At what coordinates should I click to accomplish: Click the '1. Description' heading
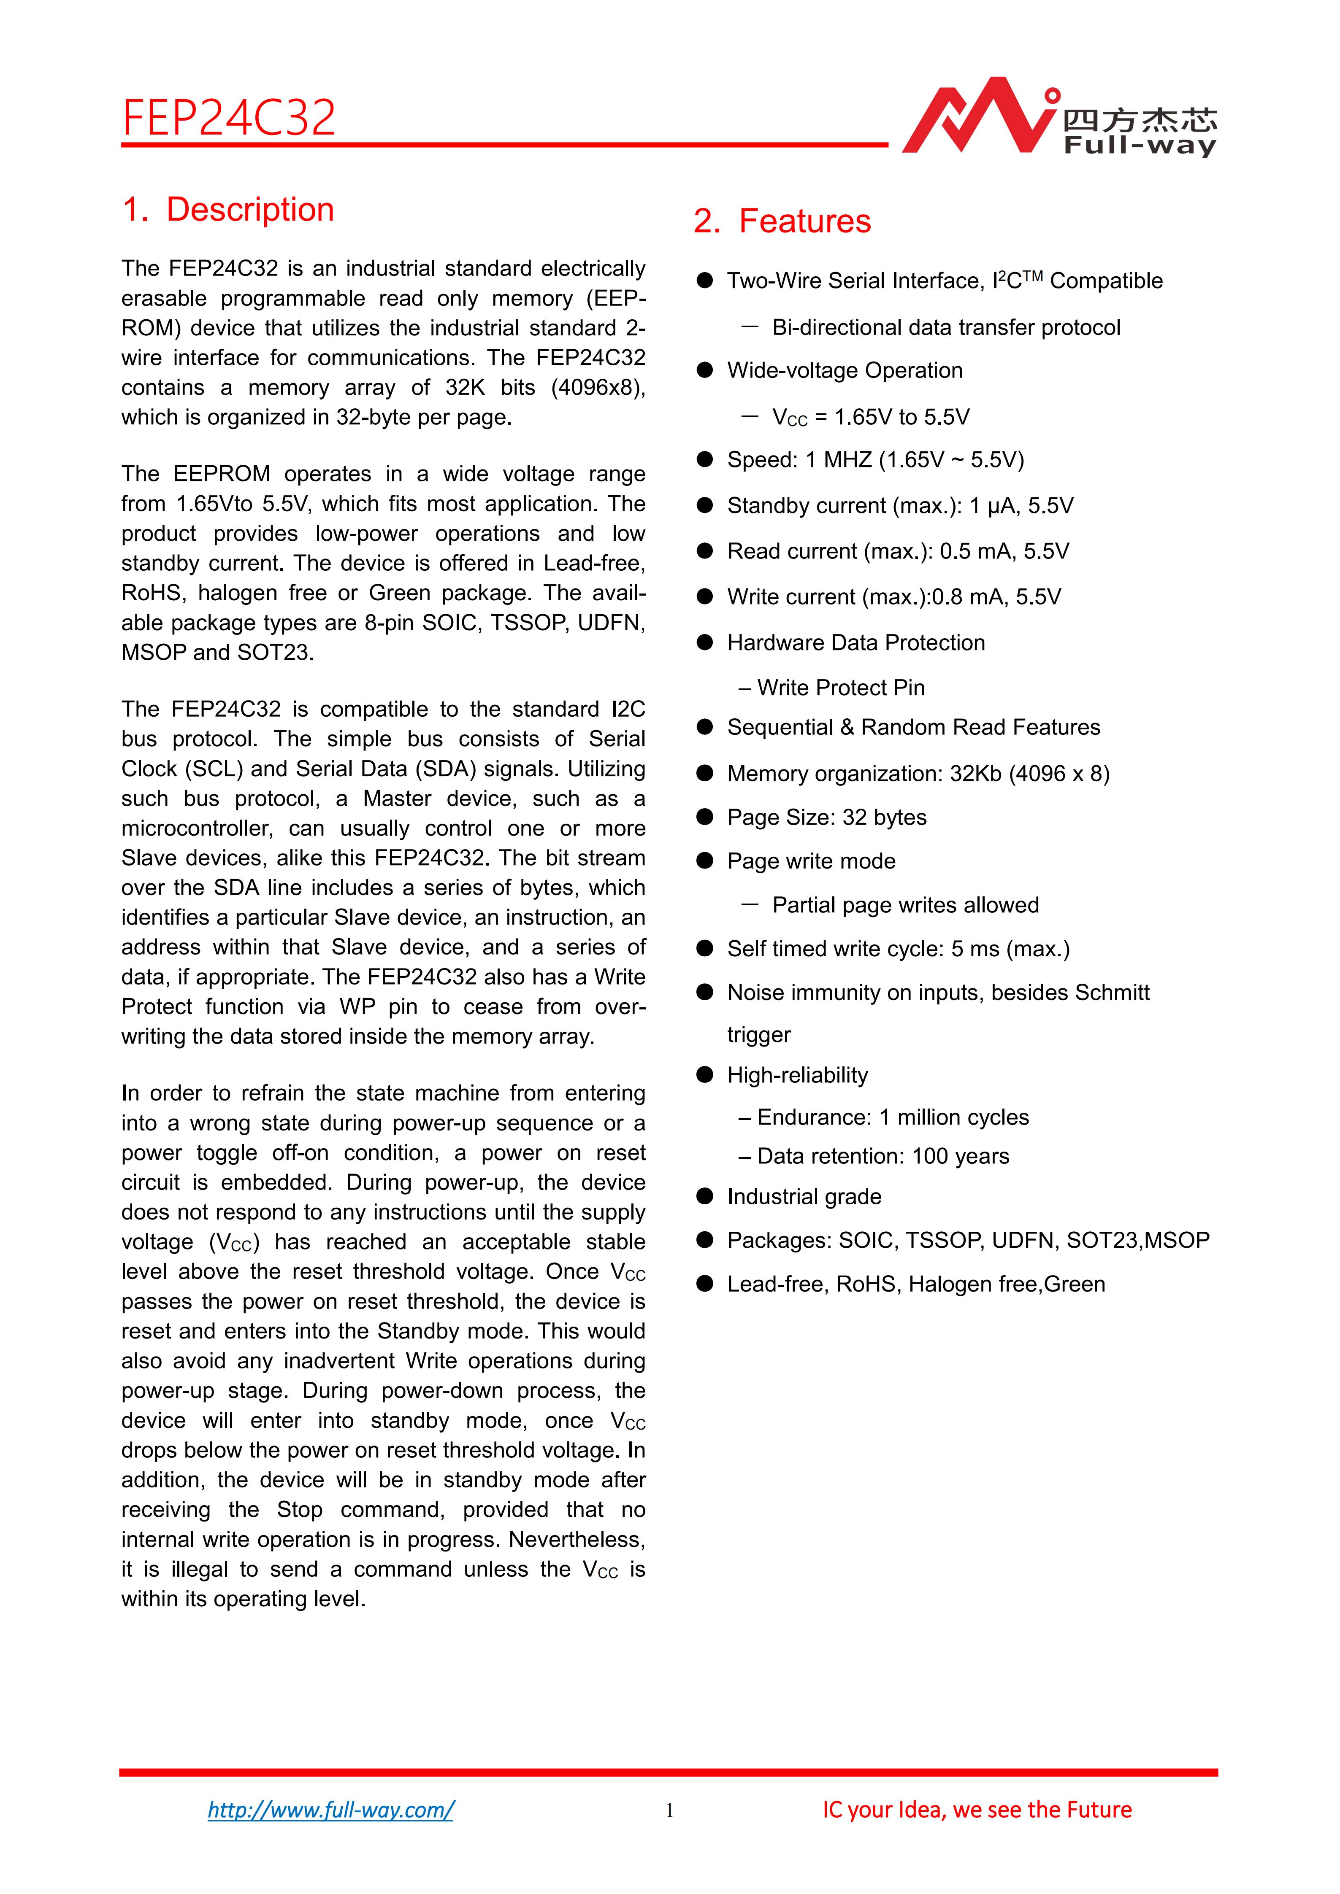(x=228, y=210)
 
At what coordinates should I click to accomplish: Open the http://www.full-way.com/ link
(x=330, y=1810)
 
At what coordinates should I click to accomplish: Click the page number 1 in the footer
(x=669, y=1810)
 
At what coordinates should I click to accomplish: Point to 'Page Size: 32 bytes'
(x=826, y=817)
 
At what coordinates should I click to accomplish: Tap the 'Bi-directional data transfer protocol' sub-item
(x=945, y=327)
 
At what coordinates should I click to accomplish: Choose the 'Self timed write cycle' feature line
(x=898, y=949)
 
